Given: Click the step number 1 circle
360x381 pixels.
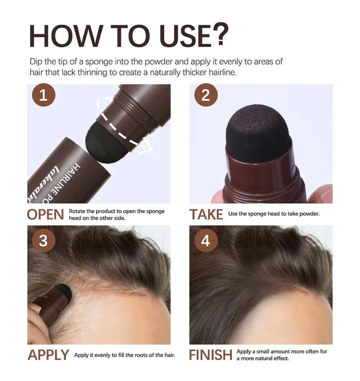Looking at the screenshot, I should click(x=43, y=95).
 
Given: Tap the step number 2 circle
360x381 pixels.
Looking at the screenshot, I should click(x=205, y=95).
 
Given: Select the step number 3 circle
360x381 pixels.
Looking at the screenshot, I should click(x=43, y=240).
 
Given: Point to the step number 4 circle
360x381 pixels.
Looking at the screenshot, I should click(x=205, y=240).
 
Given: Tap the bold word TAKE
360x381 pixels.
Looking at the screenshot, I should click(x=206, y=214).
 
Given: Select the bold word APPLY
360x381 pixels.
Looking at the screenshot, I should click(x=48, y=355).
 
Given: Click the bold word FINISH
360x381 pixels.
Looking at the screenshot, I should click(x=210, y=355).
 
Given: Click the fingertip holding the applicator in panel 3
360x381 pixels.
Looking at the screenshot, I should click(x=34, y=308).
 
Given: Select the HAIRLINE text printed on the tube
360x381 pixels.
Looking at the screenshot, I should click(x=75, y=176).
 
